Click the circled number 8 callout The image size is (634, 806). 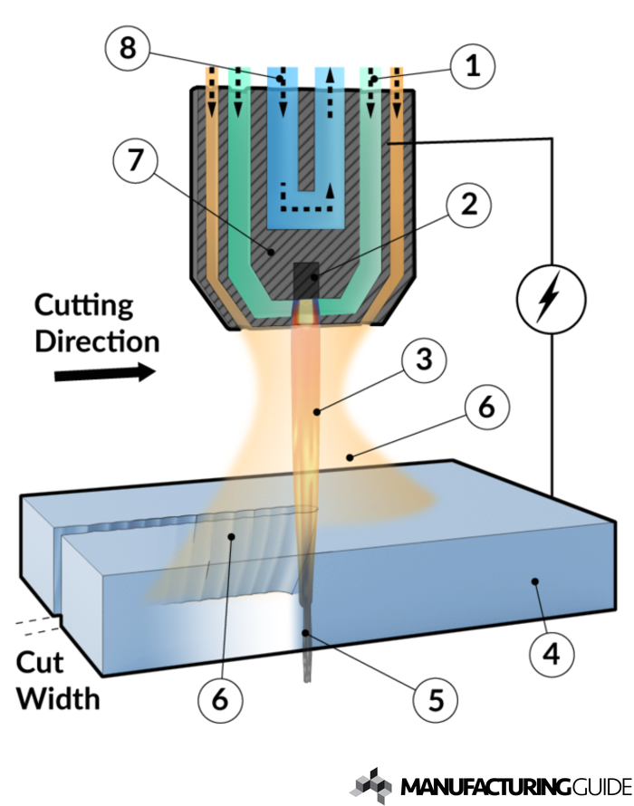pyautogui.click(x=129, y=48)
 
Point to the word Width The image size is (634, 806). pyautogui.click(x=58, y=698)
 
